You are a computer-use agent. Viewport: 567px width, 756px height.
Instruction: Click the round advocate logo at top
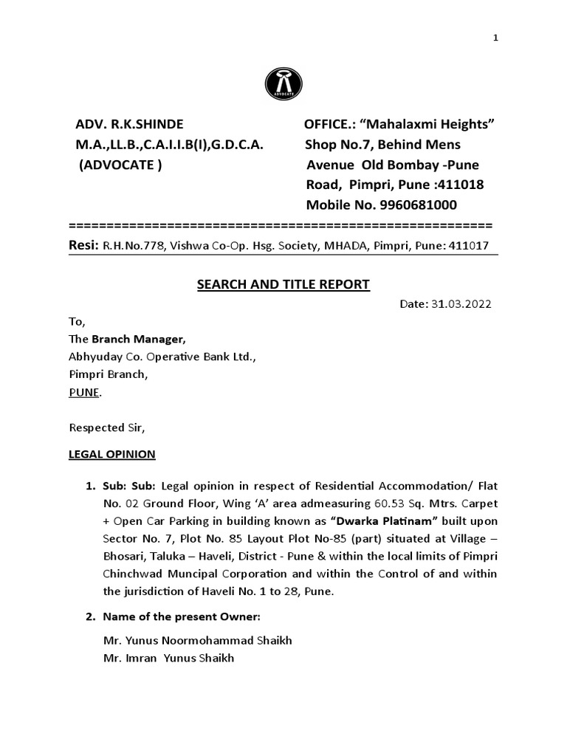click(283, 85)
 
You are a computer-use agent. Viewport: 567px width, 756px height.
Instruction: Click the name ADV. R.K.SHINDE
click(129, 123)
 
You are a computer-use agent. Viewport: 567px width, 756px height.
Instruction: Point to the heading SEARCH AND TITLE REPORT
click(283, 284)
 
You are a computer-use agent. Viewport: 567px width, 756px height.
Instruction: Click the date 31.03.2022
click(461, 303)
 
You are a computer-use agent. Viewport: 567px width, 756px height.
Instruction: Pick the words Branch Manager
click(137, 339)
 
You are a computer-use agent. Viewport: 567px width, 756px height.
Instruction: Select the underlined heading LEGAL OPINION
click(111, 454)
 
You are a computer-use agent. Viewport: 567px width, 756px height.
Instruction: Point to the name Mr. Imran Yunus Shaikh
click(169, 658)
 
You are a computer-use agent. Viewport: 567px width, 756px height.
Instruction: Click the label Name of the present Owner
click(182, 616)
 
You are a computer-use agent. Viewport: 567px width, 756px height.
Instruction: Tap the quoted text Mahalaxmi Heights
click(428, 123)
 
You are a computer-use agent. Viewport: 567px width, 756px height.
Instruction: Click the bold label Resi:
click(83, 244)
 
